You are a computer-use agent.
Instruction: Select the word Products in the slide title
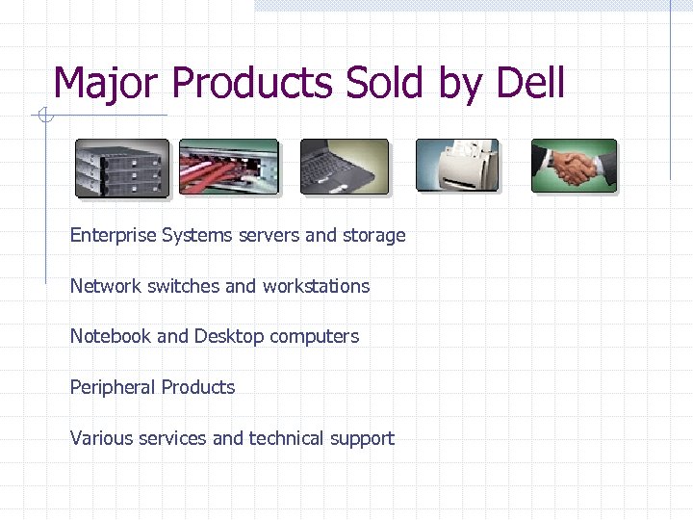click(253, 84)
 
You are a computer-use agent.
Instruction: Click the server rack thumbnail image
click(122, 168)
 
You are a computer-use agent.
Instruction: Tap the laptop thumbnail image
click(345, 167)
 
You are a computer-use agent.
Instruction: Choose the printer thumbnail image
click(457, 166)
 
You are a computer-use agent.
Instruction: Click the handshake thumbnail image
click(574, 166)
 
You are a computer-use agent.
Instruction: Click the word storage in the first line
click(373, 236)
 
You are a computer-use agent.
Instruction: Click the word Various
click(101, 438)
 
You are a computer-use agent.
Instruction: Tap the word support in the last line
click(362, 439)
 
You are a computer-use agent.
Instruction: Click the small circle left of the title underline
click(43, 117)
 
